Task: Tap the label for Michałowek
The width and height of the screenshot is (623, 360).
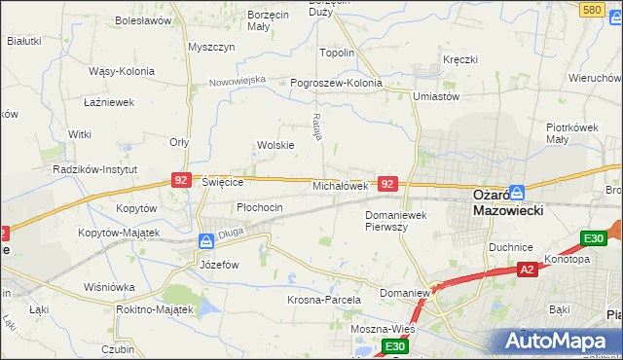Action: [x=340, y=185]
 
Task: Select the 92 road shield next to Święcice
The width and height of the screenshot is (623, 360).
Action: [x=180, y=180]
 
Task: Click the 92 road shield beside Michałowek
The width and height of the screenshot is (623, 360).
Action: [x=387, y=183]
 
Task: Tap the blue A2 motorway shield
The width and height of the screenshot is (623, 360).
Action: [x=527, y=269]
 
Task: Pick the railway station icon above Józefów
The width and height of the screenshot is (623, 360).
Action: [x=206, y=240]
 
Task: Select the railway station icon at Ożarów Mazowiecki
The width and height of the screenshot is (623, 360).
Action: [x=518, y=192]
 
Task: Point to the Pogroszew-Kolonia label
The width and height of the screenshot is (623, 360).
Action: [x=336, y=83]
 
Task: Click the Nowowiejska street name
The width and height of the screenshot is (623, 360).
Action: [x=238, y=81]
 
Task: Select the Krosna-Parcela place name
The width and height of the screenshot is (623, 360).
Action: [x=324, y=300]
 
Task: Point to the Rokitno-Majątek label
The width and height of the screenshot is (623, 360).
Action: [x=155, y=308]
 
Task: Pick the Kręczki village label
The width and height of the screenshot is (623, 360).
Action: [x=460, y=59]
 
